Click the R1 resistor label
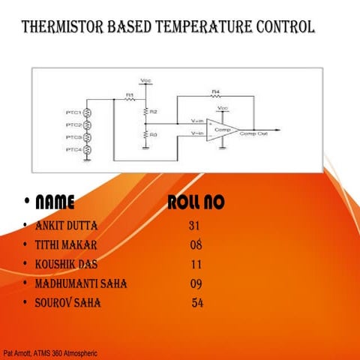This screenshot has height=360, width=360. (x=129, y=95)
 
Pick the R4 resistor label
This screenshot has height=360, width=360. (x=215, y=91)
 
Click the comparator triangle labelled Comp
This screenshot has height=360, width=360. (x=224, y=129)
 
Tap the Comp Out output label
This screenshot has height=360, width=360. (x=253, y=133)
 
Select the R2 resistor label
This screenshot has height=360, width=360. (x=153, y=111)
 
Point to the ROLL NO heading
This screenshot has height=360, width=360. (x=196, y=202)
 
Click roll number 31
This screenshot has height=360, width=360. (x=194, y=225)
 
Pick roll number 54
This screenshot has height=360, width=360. (x=197, y=303)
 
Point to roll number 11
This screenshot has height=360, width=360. (x=196, y=264)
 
